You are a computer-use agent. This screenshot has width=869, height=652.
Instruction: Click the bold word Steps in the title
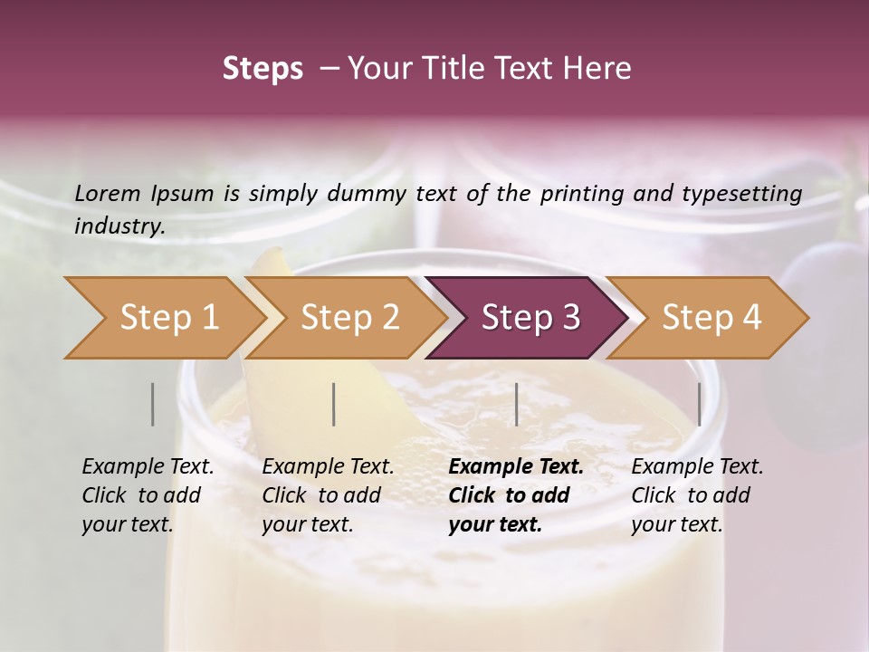263,69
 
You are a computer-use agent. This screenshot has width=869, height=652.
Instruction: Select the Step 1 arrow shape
163,317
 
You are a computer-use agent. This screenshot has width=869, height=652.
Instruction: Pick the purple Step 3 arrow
530,317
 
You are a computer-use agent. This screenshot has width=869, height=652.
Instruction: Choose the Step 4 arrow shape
711,317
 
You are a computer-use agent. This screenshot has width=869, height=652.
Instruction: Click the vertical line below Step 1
153,404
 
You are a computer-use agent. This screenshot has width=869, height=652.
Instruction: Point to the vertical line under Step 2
334,404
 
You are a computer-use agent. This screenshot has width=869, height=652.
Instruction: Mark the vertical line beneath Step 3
516,404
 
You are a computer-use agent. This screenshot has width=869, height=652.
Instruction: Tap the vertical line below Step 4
700,404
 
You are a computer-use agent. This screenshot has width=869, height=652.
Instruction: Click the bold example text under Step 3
515,495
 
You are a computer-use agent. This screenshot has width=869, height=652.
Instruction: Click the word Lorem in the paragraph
108,193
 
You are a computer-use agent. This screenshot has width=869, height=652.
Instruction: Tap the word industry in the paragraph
119,226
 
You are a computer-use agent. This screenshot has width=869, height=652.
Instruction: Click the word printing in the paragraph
578,194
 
